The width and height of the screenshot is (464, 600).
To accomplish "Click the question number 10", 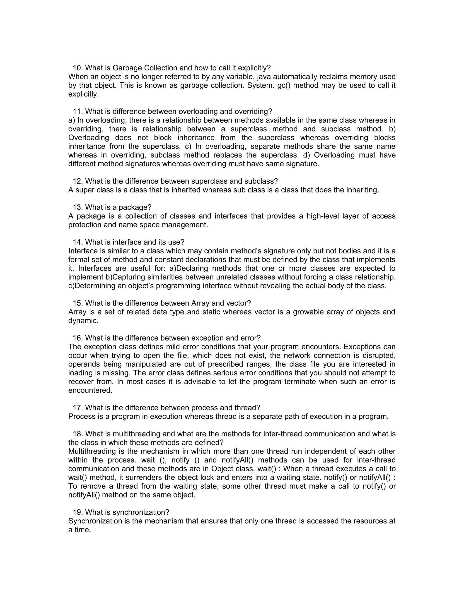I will click(x=78, y=68).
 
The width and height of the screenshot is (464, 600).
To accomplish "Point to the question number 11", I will click(x=78, y=112).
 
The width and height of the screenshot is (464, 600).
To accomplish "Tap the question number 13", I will click(x=78, y=207).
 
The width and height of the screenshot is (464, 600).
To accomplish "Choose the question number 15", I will click(x=78, y=303).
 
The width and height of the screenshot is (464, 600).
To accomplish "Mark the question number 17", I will click(x=78, y=408).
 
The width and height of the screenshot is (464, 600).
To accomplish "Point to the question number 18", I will click(x=78, y=434).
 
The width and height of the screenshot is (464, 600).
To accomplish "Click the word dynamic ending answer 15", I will click(x=83, y=321).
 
